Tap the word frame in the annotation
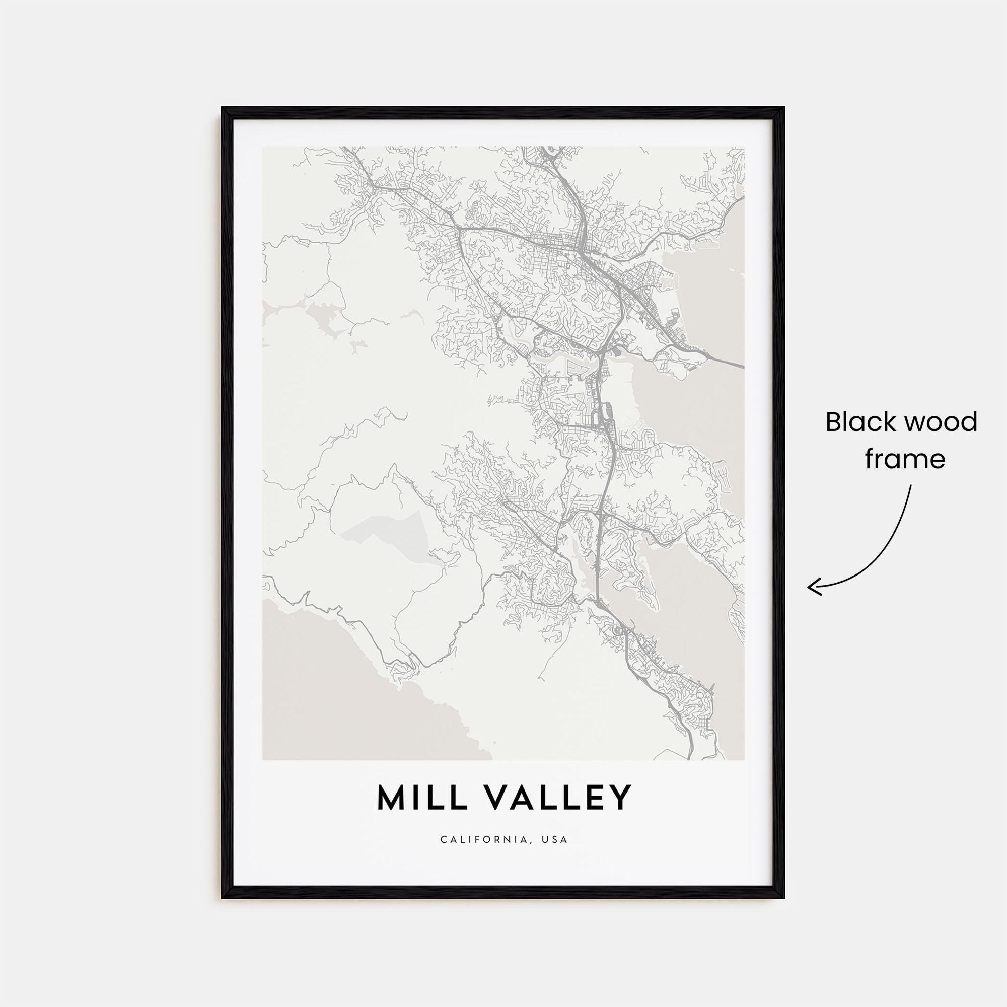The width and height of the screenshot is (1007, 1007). pos(905,459)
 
